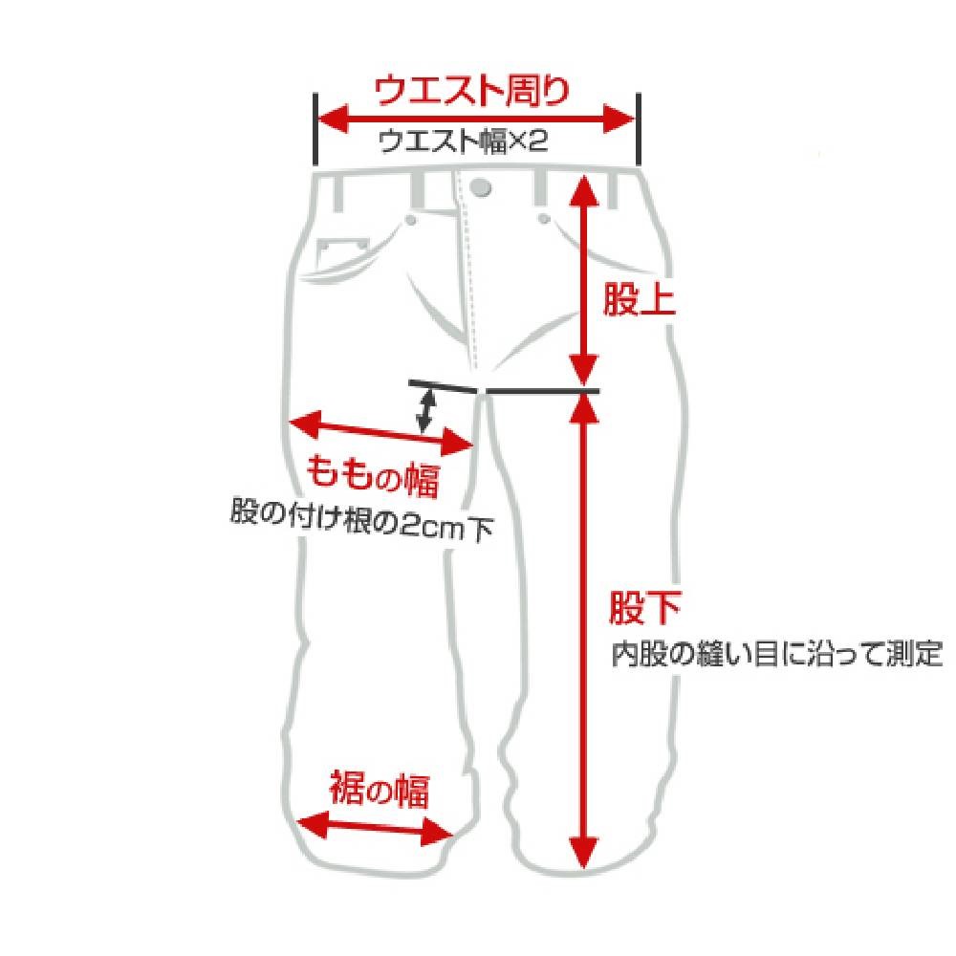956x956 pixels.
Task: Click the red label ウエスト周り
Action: (471, 91)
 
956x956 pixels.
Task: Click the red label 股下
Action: (645, 608)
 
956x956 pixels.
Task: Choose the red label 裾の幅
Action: (380, 791)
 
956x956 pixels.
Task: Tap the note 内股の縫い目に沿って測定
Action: (776, 654)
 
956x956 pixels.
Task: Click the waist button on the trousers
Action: (481, 187)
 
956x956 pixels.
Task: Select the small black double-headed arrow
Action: (425, 410)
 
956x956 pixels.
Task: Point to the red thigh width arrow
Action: (381, 433)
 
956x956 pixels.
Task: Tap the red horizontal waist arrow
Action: (476, 119)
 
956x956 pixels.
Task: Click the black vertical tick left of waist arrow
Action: (315, 129)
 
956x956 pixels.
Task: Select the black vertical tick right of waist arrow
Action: (639, 129)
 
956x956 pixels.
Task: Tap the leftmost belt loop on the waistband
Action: (339, 191)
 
